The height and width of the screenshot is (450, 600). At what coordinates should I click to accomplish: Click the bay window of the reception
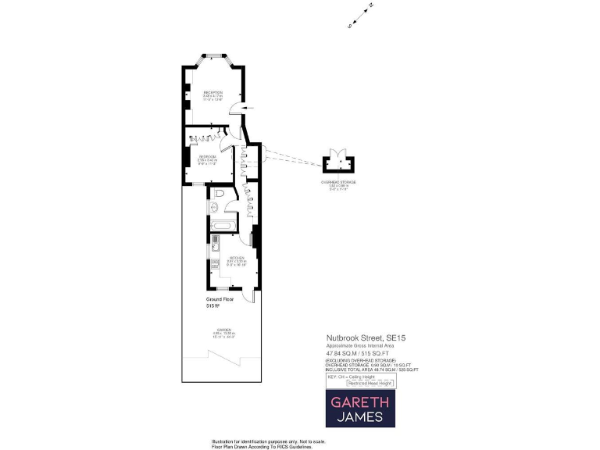(x=212, y=55)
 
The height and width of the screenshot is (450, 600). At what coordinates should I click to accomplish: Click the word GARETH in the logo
(x=360, y=402)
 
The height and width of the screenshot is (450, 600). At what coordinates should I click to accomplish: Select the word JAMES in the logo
(x=360, y=417)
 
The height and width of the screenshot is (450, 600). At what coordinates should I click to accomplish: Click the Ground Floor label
(x=220, y=299)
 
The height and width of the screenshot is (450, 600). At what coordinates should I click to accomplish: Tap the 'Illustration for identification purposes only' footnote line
(x=267, y=441)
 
